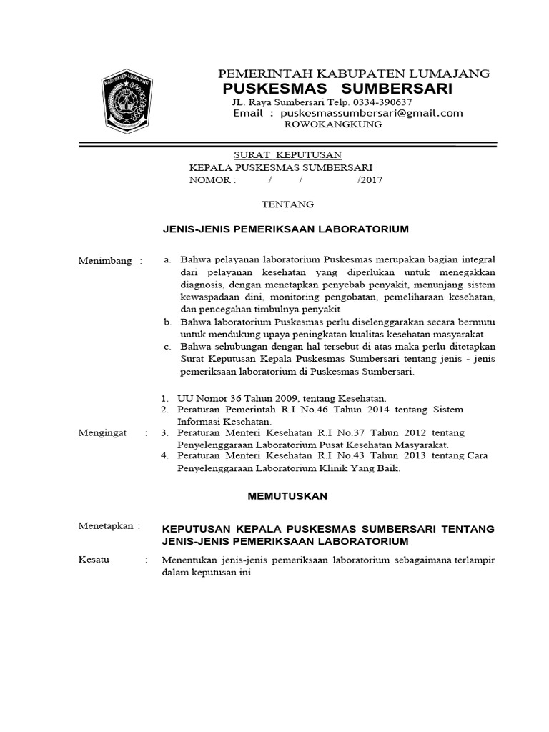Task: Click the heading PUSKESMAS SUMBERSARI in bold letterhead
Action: (337, 89)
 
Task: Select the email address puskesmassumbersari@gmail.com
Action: (372, 113)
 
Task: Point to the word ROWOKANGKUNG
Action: (333, 124)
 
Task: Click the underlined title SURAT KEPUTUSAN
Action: (288, 155)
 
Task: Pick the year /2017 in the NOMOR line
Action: (370, 180)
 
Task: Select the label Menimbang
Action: (105, 261)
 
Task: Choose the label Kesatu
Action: (94, 560)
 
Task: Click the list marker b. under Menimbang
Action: (167, 322)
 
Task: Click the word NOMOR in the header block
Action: (207, 180)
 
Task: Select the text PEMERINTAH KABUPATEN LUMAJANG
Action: (353, 73)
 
